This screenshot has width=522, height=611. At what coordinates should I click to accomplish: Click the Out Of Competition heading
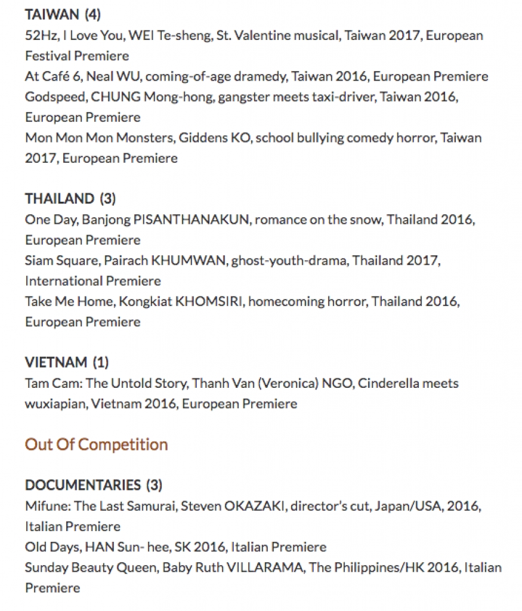[96, 445]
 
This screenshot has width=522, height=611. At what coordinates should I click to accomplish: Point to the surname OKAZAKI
[255, 506]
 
